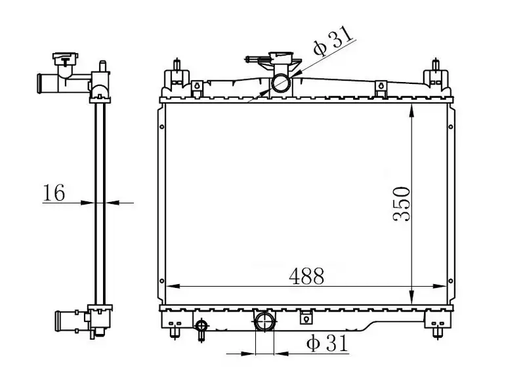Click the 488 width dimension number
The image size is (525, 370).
(x=306, y=276)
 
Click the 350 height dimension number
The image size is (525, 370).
(x=402, y=204)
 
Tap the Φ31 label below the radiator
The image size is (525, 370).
(x=327, y=342)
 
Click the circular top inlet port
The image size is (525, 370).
(x=281, y=83)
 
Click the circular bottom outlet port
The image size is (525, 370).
(x=264, y=321)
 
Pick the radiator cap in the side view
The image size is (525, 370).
(x=65, y=58)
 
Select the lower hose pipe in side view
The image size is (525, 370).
(x=65, y=321)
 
